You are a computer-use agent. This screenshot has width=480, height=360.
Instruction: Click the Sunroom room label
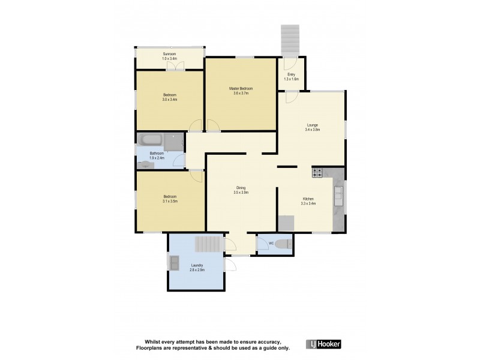click(x=169, y=56)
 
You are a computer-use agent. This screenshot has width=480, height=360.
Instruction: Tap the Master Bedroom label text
click(x=241, y=91)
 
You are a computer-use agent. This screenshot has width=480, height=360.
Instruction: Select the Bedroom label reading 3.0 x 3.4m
click(x=170, y=97)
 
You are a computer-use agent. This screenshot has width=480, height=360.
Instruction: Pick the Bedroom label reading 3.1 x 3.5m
click(x=170, y=199)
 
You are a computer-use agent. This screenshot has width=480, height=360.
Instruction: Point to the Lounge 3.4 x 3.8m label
click(x=312, y=127)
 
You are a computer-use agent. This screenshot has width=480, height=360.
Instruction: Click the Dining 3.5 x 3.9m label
click(x=241, y=190)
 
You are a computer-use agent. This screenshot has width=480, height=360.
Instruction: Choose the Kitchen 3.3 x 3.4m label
click(x=308, y=201)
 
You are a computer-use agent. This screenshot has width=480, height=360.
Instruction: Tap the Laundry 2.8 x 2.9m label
click(x=197, y=267)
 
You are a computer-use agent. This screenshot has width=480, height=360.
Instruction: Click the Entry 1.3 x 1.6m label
click(x=291, y=76)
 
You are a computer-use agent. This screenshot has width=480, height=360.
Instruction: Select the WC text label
click(x=271, y=243)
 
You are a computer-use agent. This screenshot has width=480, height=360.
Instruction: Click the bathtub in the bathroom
click(x=150, y=141)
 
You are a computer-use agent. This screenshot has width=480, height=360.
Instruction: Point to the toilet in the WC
click(x=286, y=244)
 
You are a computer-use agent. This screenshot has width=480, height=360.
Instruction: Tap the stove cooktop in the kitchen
click(x=317, y=173)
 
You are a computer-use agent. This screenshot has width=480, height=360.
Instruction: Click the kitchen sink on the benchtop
click(x=338, y=193)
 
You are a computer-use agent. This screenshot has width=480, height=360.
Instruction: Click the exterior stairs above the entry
click(x=290, y=39)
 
